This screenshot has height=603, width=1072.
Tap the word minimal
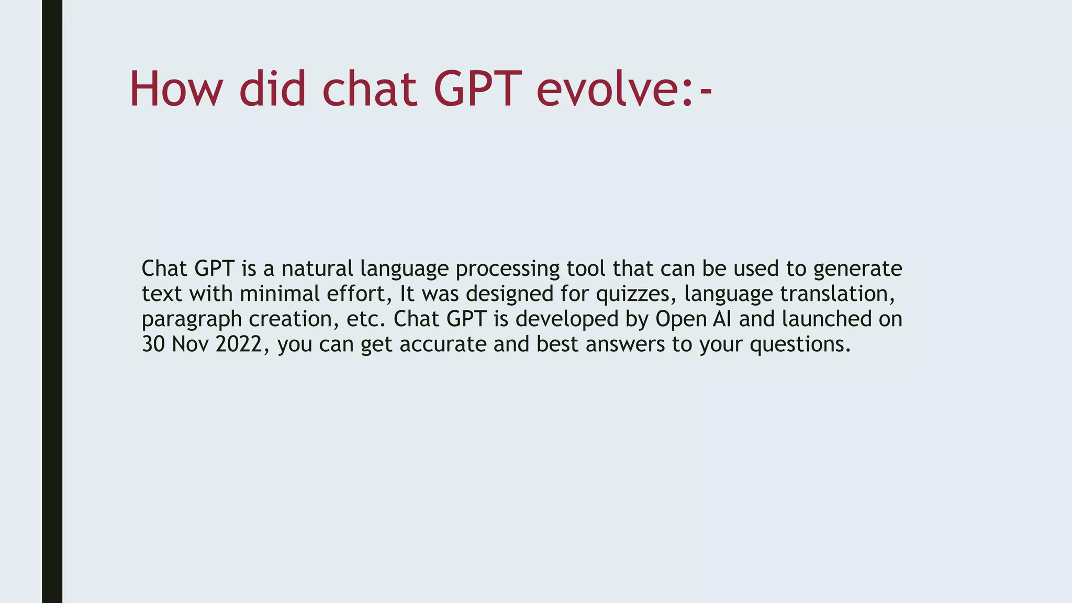280,294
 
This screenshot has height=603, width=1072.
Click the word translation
837,294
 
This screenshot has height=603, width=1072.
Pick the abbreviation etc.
366,319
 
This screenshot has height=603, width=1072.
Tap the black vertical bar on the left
52,301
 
